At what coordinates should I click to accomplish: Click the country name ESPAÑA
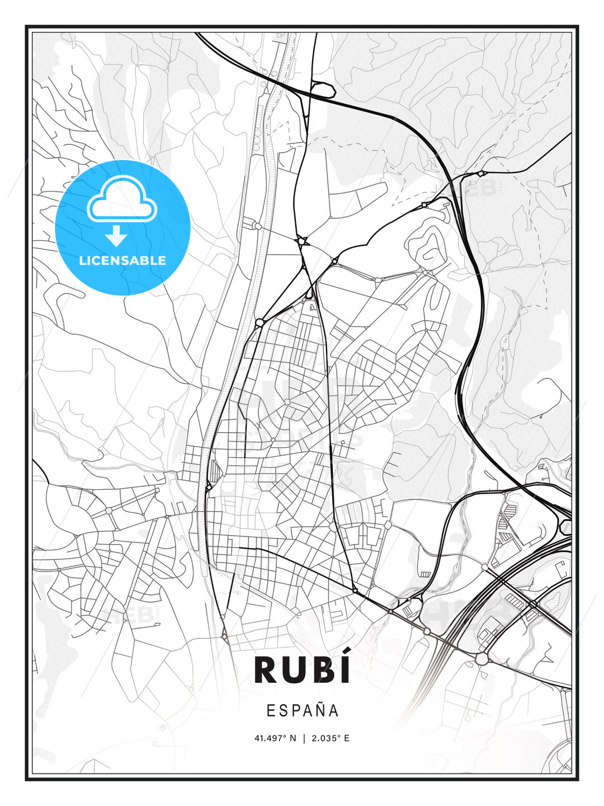point(302,710)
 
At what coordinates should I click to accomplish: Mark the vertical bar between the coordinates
point(304,738)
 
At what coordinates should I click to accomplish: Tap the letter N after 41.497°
point(292,738)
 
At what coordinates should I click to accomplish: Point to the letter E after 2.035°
point(347,738)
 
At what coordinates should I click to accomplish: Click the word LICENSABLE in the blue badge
point(122,260)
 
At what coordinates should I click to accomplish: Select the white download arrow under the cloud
point(116,236)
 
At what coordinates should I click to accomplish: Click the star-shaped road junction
point(303,241)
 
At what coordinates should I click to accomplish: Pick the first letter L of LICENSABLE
point(82,260)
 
